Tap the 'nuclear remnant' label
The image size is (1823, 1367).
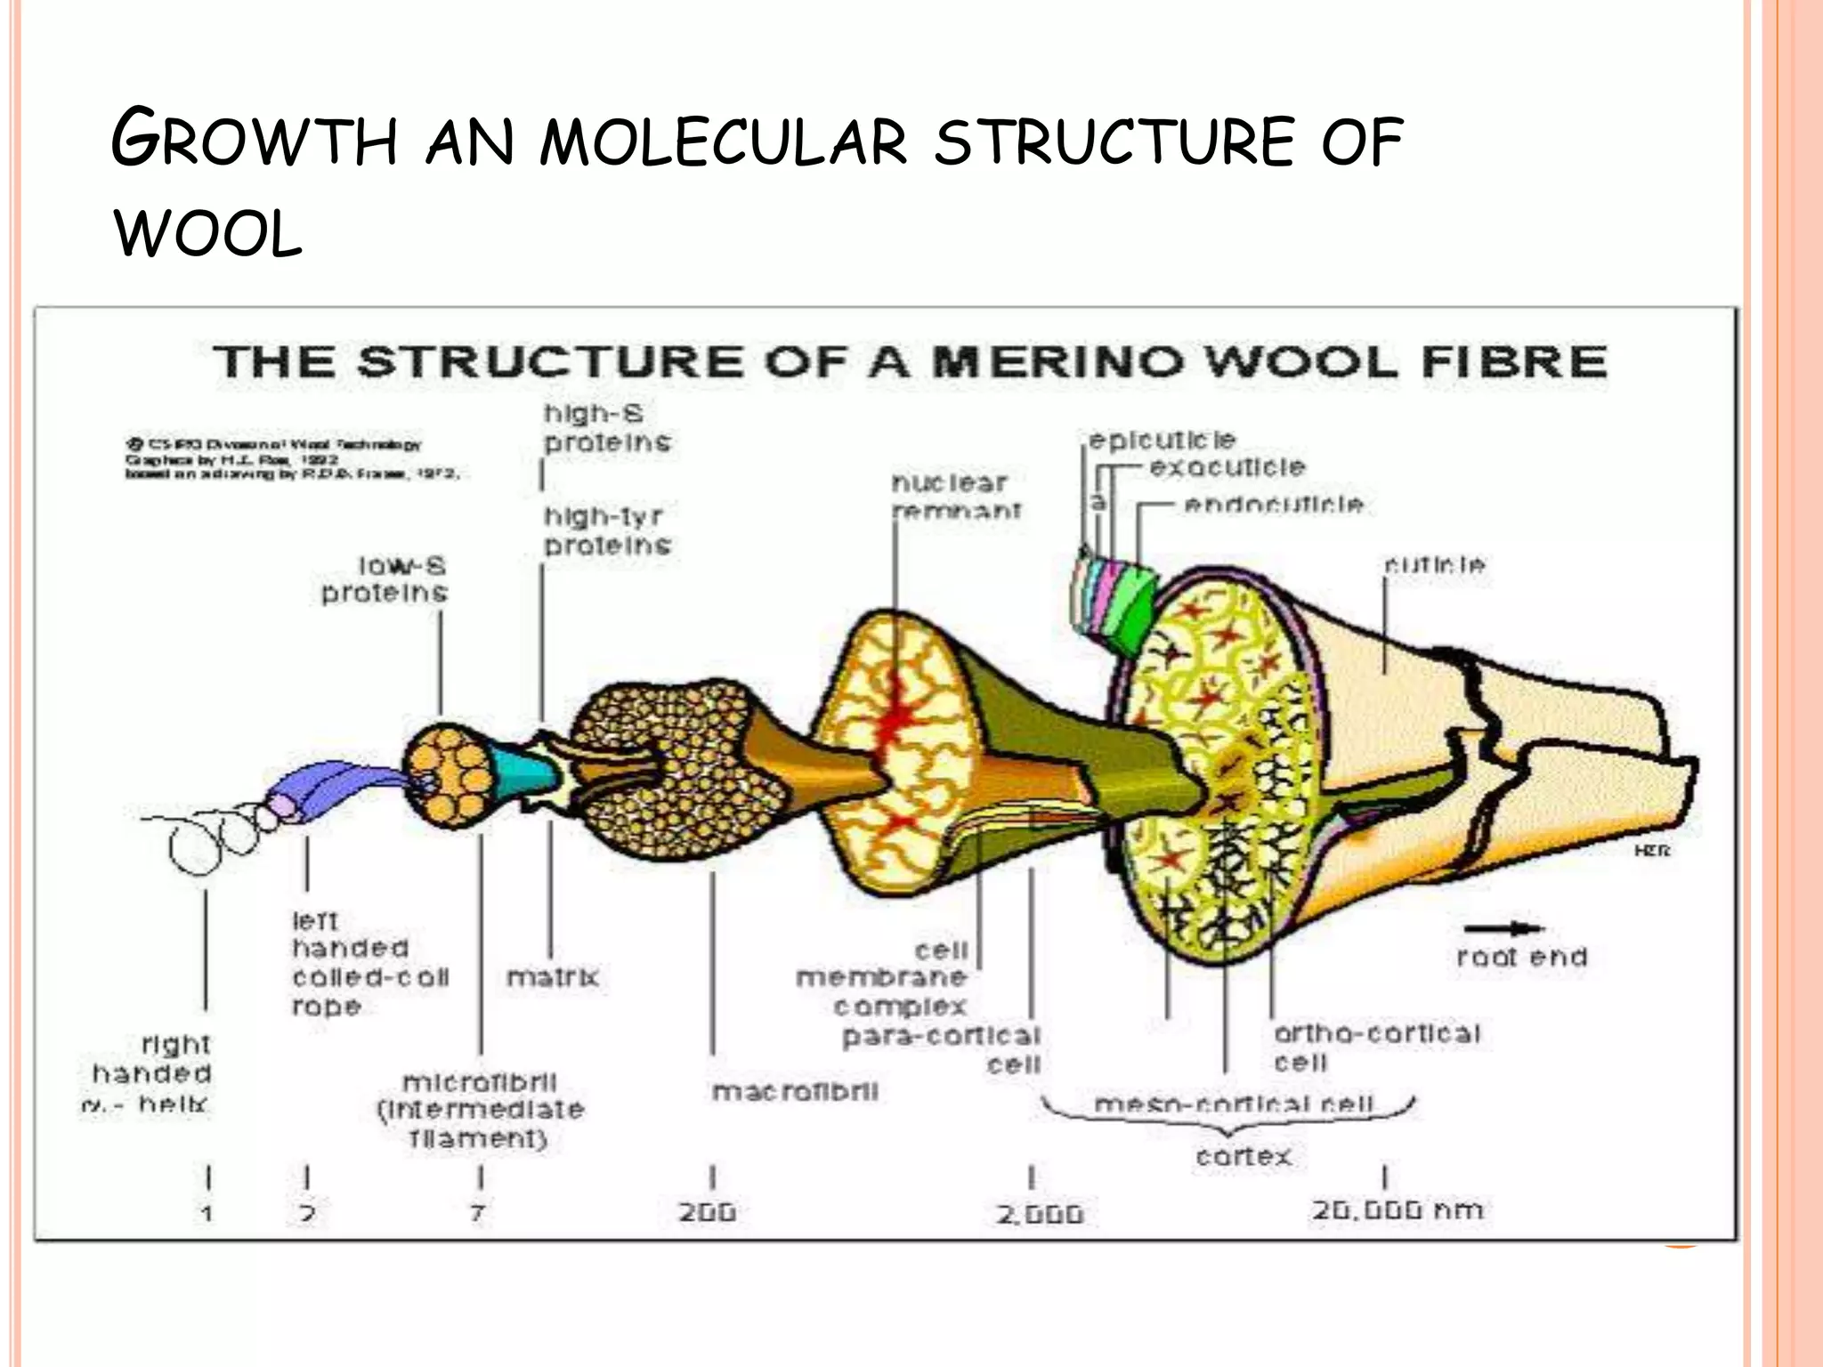point(956,497)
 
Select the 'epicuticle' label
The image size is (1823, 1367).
point(1163,441)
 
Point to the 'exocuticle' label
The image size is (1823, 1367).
point(1227,467)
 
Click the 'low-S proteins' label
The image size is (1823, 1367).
point(385,579)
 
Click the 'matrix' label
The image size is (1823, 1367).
point(553,977)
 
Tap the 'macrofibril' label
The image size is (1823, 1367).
point(795,1091)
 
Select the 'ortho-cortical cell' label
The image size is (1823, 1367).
point(1375,1047)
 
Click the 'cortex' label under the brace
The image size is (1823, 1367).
point(1244,1156)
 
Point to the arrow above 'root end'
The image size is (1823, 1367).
point(1504,929)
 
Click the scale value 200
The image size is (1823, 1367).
point(708,1212)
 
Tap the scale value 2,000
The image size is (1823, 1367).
point(1039,1214)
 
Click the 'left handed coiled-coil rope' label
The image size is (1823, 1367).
point(369,963)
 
